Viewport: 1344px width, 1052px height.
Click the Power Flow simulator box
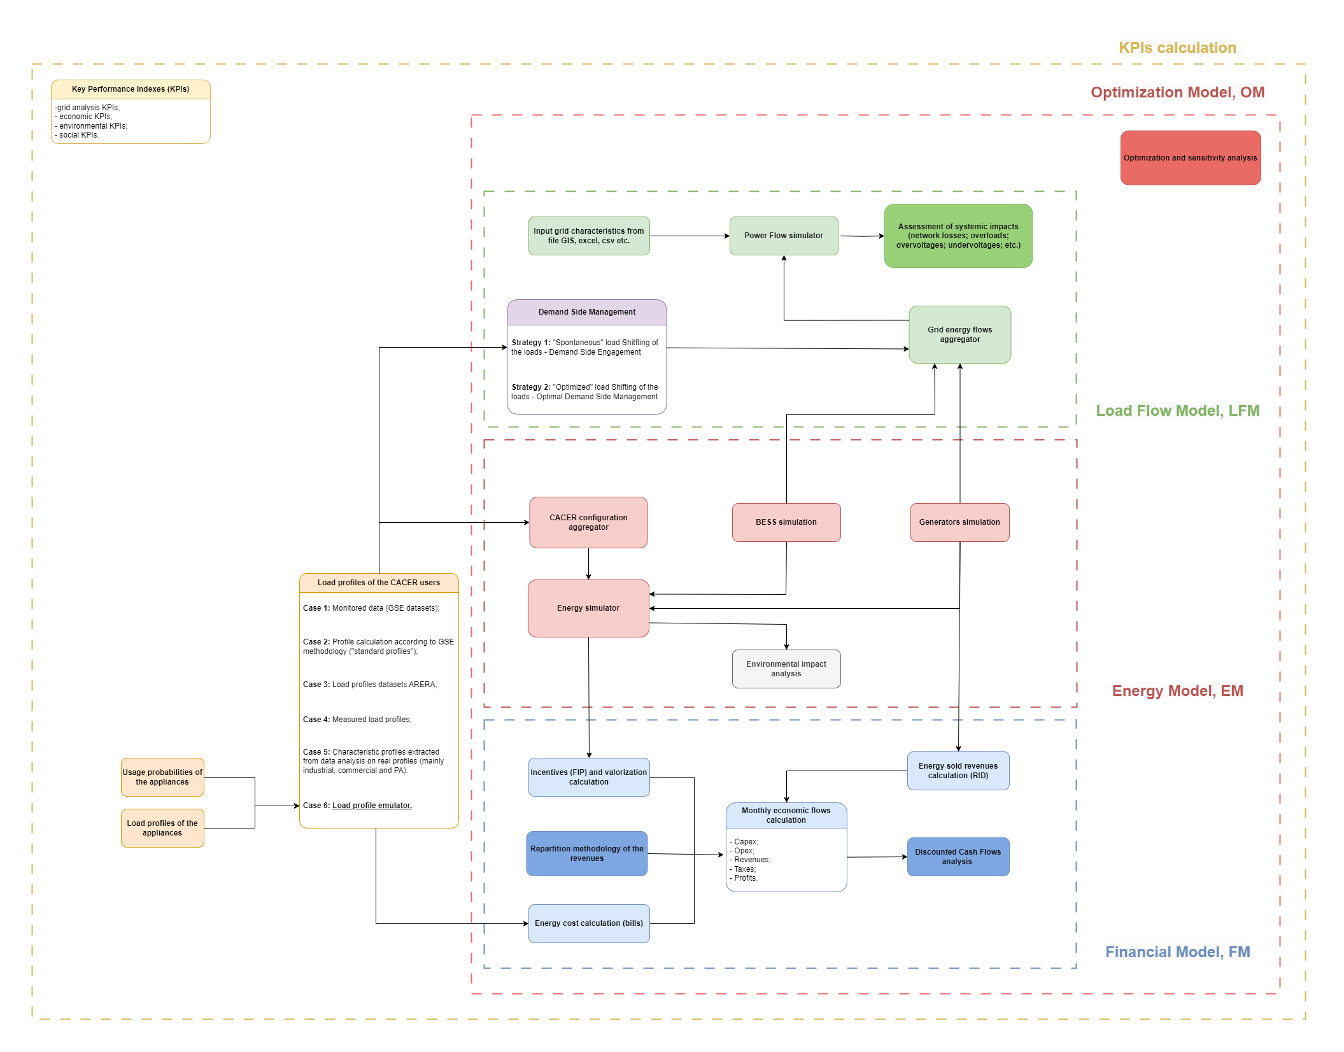tap(783, 236)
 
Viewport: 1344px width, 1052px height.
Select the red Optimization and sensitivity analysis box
tap(1190, 158)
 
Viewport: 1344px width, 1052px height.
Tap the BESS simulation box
tap(786, 522)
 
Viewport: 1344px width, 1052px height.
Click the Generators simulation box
tap(959, 522)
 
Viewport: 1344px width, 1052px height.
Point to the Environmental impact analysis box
tap(786, 669)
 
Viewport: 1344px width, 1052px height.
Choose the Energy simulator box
tap(588, 608)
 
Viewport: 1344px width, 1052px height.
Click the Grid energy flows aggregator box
tap(959, 334)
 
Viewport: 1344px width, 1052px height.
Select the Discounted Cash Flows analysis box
tap(958, 857)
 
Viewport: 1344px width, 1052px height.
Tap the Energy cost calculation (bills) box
tap(588, 923)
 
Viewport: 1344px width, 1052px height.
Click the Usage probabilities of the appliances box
tap(162, 777)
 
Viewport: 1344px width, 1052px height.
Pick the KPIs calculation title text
tap(1177, 48)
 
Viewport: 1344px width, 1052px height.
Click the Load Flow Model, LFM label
tap(1177, 411)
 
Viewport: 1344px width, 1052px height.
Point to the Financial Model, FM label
tap(1177, 952)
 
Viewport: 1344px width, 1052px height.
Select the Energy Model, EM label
tap(1177, 691)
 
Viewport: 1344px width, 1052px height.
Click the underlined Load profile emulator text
tap(372, 806)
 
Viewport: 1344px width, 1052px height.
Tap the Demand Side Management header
tap(586, 312)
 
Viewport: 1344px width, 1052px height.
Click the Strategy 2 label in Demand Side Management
tap(530, 387)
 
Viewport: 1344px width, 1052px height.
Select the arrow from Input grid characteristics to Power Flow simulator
tap(689, 236)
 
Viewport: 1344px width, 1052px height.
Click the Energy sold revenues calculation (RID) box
tap(958, 771)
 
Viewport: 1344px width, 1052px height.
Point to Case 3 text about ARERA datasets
tap(369, 685)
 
